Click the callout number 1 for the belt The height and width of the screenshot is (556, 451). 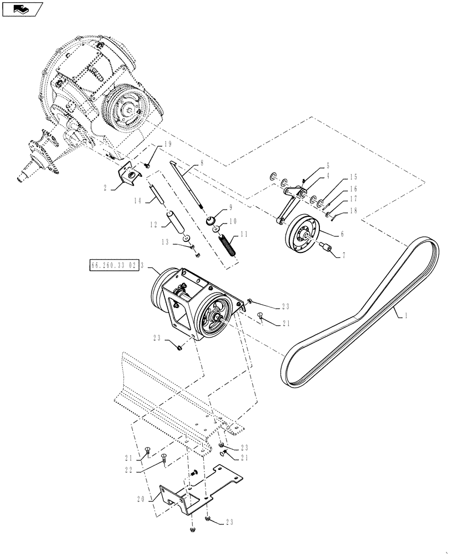click(x=405, y=315)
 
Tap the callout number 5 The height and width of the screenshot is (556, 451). click(x=328, y=166)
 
